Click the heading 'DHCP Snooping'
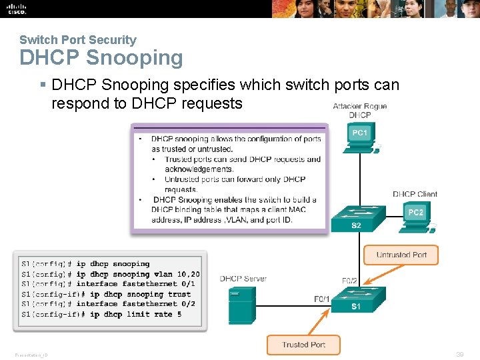pos(101,58)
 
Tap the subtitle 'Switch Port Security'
pos(77,40)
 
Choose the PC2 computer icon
pos(416,217)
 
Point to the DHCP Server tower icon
pos(242,304)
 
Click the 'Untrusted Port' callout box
pos(401,255)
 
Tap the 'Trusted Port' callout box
pos(303,345)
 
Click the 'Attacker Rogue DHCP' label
pos(360,111)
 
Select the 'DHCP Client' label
pos(415,194)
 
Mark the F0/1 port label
pos(322,299)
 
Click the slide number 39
pos(459,355)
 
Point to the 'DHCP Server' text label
pos(243,278)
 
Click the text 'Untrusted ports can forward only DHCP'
pos(235,179)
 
